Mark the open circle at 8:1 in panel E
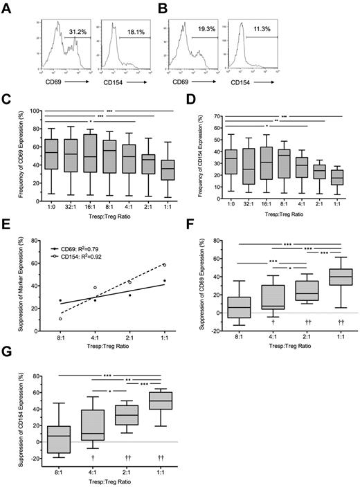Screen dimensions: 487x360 click(60, 319)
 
